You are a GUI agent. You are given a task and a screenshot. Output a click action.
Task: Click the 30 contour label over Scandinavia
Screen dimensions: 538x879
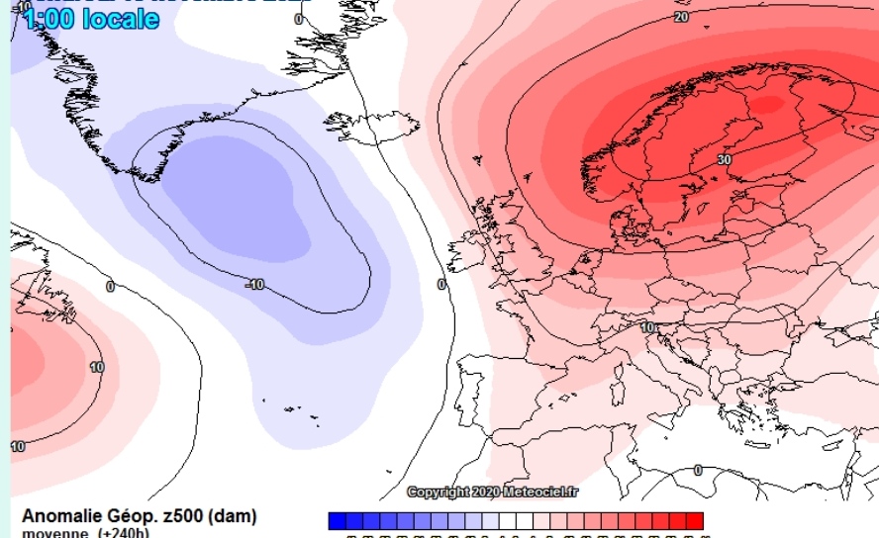(725, 159)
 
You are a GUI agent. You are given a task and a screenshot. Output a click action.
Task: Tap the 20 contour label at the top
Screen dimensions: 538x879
(681, 17)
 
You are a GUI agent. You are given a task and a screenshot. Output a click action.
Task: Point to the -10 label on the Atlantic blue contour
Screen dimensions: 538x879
(254, 285)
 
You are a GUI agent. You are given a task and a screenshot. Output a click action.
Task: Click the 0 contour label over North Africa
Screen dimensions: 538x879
(698, 470)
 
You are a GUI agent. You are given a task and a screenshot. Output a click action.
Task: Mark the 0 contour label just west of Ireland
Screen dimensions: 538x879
(441, 285)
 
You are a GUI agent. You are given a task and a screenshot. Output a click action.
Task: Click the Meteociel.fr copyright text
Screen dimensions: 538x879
(494, 492)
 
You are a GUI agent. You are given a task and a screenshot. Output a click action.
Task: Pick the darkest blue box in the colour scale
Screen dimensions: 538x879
(338, 520)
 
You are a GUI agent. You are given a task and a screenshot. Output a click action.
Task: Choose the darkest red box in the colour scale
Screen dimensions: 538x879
(694, 520)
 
